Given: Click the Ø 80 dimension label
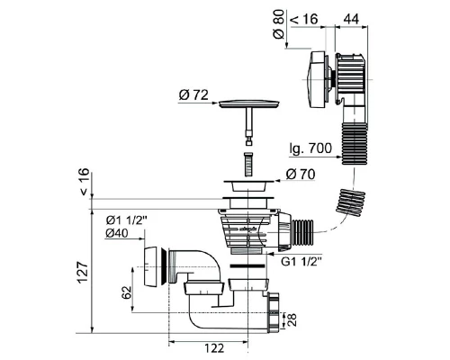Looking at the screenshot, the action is [279, 24].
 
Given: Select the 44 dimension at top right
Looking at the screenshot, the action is [351, 19].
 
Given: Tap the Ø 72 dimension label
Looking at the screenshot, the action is [193, 95].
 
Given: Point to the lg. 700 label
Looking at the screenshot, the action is [310, 148].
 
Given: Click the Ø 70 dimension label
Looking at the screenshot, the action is [301, 174].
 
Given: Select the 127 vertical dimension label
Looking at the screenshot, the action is [83, 272].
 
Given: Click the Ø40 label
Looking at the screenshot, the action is [117, 233].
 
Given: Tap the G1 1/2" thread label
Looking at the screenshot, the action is [301, 262].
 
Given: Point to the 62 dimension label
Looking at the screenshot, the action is [127, 292].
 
